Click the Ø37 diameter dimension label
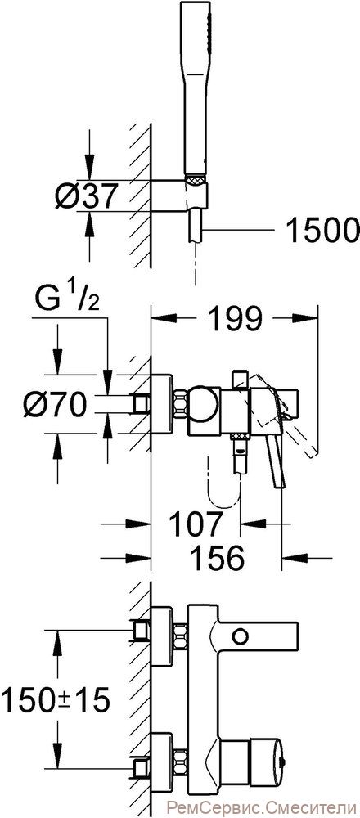[x=84, y=196]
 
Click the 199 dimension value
[x=234, y=319]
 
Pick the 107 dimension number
[x=195, y=524]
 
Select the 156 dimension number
[x=217, y=558]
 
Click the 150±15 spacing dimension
[x=56, y=699]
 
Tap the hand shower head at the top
[x=196, y=88]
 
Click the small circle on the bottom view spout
[x=241, y=636]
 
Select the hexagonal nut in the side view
[x=180, y=404]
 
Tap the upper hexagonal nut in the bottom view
[x=180, y=636]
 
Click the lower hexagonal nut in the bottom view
[x=180, y=762]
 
